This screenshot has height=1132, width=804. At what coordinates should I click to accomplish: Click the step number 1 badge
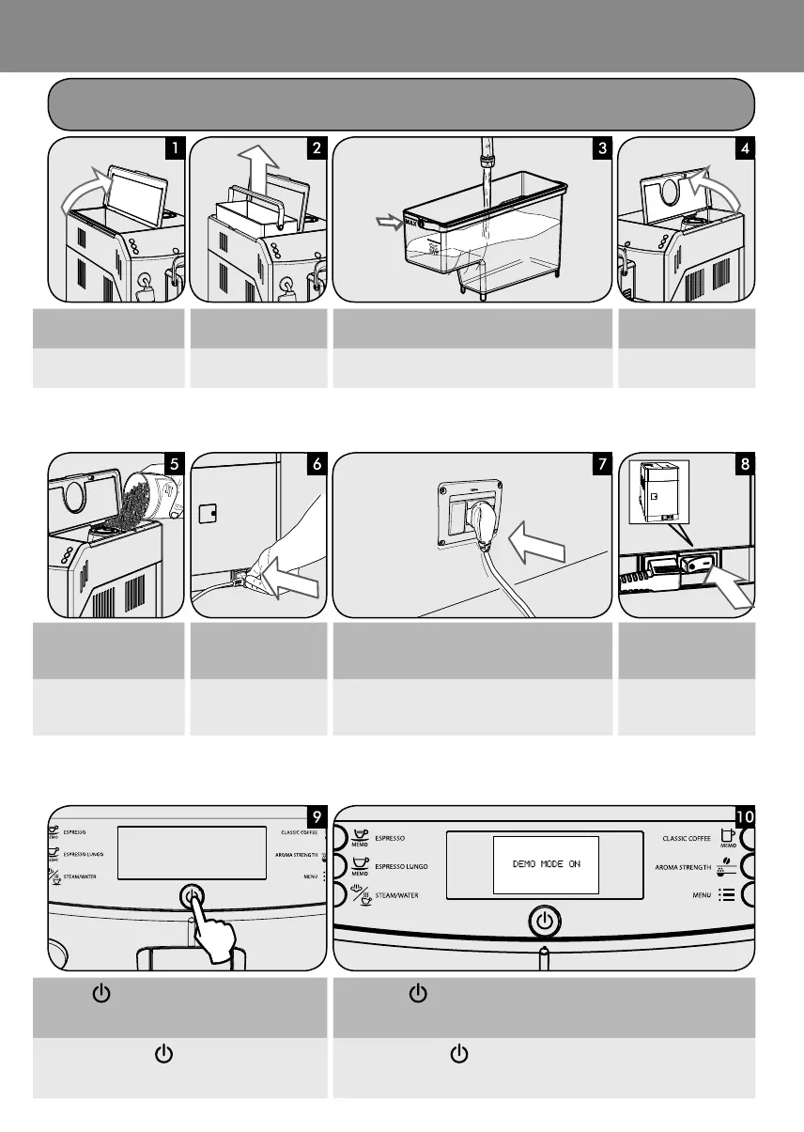coord(174,148)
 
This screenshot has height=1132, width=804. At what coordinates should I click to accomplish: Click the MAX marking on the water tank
coord(410,224)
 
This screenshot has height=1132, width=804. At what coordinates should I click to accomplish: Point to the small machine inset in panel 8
coord(655,490)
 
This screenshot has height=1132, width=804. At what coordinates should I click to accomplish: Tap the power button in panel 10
coord(544,922)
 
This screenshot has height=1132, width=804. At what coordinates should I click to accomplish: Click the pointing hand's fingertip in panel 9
coord(193,896)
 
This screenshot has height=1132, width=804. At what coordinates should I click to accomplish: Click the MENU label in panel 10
coord(702,895)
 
